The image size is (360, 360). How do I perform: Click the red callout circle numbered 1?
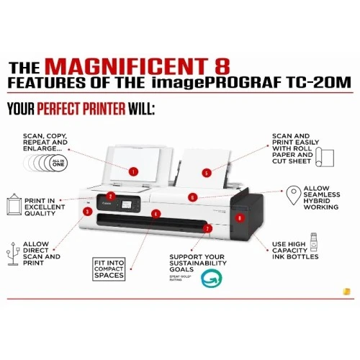coord(133,171)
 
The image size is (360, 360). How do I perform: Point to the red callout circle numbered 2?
coord(111,195)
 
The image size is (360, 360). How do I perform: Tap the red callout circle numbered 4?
coord(156,214)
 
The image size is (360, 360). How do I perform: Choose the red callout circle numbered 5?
coord(206,173)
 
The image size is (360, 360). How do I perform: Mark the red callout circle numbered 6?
coord(193,197)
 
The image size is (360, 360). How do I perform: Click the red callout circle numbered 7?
coord(207,228)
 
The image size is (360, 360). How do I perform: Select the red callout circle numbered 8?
coord(240,217)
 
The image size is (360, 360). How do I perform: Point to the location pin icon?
coord(292,194)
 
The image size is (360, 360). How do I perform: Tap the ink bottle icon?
coord(315,239)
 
